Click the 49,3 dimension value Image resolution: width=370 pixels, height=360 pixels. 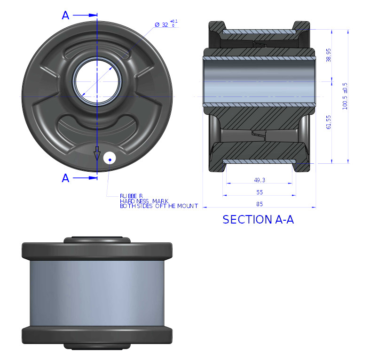click(260, 180)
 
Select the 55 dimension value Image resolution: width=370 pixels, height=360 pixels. click(260, 192)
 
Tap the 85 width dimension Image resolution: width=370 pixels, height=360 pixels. click(260, 204)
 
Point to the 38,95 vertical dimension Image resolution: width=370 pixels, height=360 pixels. click(329, 56)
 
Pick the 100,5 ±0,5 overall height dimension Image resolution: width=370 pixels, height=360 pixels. click(345, 97)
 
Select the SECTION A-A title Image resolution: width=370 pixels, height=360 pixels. click(258, 220)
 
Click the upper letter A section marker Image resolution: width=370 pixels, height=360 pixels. click(65, 16)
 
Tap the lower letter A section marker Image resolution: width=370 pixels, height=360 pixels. click(65, 178)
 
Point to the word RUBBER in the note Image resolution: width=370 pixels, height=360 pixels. click(131, 195)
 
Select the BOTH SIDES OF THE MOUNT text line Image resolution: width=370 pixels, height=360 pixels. click(158, 206)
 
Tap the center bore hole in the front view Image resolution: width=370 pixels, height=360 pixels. click(96, 81)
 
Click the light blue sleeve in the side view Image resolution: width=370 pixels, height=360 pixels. click(96, 293)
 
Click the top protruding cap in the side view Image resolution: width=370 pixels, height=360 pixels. click(96, 239)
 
